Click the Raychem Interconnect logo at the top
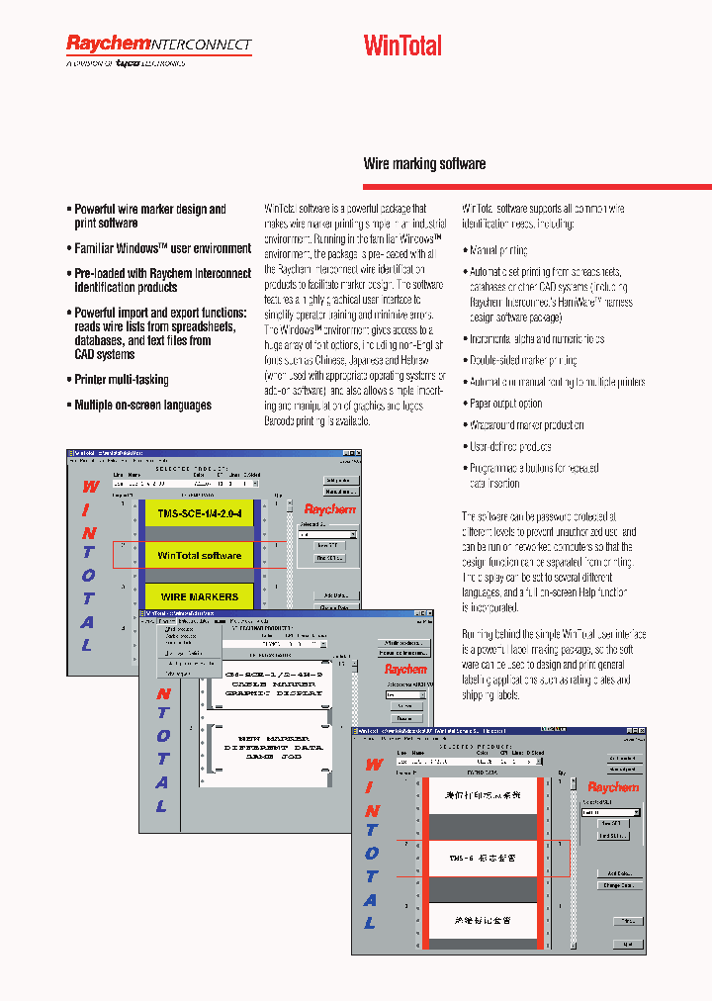point(158,45)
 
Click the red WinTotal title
point(402,45)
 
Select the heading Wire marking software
point(424,163)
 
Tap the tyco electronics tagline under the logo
point(126,63)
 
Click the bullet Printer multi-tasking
point(122,380)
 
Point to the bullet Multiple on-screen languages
point(142,406)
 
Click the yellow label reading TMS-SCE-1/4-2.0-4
point(201,515)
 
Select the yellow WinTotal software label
point(200,556)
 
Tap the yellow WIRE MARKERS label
point(200,596)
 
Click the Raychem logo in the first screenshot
point(329,509)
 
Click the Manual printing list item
point(498,251)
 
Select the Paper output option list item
point(505,404)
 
